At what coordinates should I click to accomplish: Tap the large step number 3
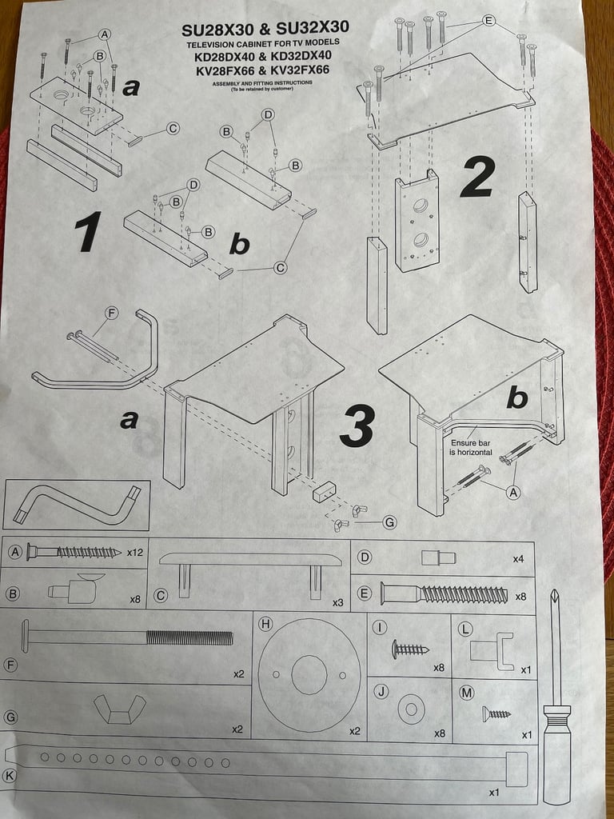(x=357, y=425)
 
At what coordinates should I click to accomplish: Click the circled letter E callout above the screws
(x=488, y=20)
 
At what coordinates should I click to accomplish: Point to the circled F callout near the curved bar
(x=111, y=313)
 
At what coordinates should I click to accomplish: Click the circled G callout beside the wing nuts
(x=389, y=521)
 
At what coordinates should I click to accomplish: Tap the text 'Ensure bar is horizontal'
(x=471, y=447)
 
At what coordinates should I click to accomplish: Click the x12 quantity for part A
(x=135, y=552)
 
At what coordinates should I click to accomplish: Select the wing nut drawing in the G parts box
(x=120, y=709)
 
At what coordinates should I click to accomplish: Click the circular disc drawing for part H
(x=309, y=675)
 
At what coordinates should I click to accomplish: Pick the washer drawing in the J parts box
(x=411, y=709)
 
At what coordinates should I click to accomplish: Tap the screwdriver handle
(x=556, y=752)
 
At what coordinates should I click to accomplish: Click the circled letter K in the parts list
(x=9, y=776)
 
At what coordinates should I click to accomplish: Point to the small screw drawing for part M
(x=496, y=713)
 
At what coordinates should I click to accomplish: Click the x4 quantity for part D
(x=518, y=559)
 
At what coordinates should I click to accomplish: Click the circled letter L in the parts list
(x=465, y=629)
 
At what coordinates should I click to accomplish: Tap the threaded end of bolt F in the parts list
(x=189, y=637)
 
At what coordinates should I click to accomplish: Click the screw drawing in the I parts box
(x=410, y=649)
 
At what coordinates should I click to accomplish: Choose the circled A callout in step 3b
(x=514, y=492)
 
